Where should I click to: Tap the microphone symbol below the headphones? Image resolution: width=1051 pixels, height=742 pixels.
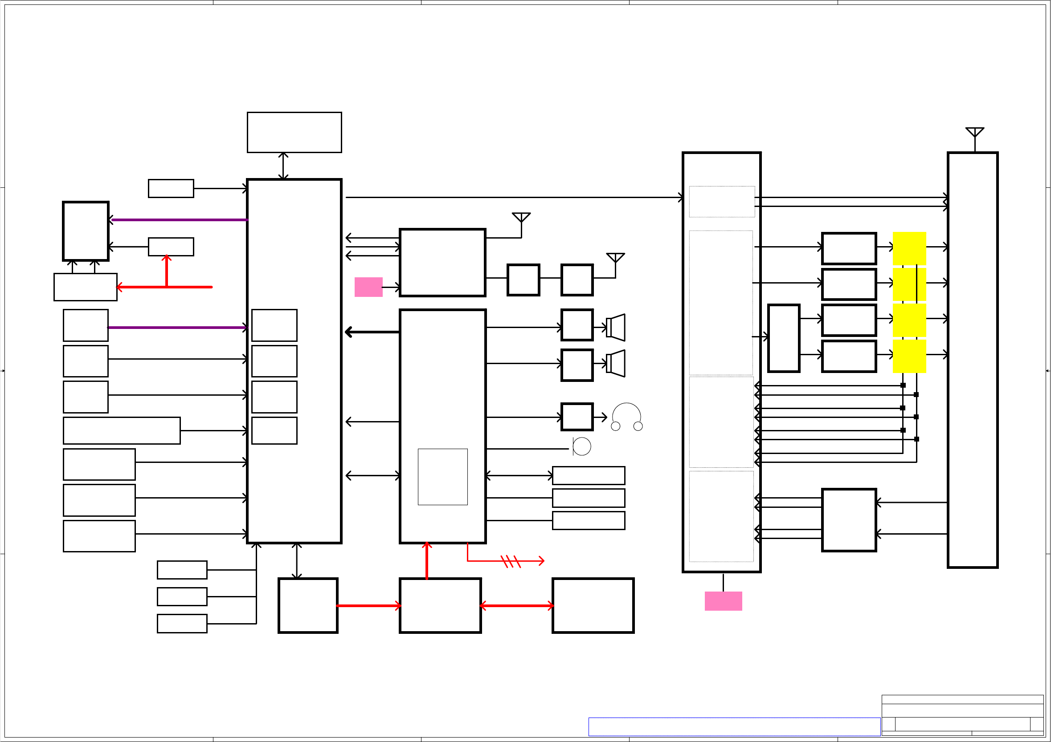[581, 446]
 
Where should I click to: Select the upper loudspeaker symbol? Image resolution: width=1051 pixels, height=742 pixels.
[616, 328]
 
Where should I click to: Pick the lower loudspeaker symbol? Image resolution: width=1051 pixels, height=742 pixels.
[616, 363]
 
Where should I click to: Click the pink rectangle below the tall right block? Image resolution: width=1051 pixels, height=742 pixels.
[723, 601]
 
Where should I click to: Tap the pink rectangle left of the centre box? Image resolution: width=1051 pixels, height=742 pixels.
[368, 287]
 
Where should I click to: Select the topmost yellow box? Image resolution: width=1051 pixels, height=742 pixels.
[909, 248]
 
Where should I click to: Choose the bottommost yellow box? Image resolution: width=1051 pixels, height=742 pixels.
[909, 356]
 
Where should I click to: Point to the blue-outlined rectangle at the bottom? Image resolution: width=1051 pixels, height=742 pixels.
[734, 726]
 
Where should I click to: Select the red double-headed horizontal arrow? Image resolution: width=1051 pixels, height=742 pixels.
[517, 606]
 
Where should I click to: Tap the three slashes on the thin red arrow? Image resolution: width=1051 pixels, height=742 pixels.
[511, 561]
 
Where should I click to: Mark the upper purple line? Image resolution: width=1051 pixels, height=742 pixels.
[180, 220]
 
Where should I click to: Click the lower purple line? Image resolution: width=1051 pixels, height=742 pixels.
[178, 328]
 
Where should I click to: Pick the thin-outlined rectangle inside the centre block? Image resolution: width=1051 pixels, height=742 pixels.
[443, 477]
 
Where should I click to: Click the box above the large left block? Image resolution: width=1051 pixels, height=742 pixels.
[294, 132]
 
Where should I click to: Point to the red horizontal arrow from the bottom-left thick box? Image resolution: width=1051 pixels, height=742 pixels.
[368, 606]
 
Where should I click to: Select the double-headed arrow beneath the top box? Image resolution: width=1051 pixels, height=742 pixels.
[283, 166]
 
